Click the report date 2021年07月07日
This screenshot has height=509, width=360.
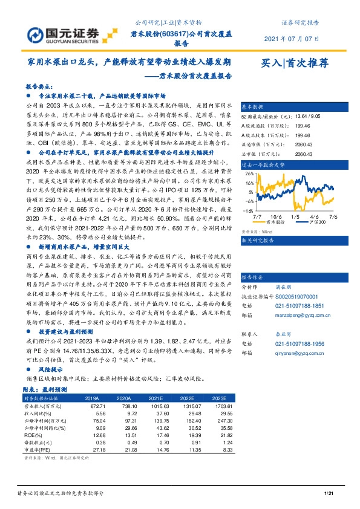pos(292,39)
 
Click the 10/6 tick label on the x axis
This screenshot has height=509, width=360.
pos(277,215)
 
